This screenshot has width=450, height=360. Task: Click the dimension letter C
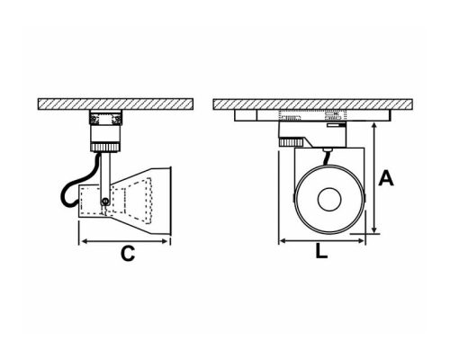tap(128, 255)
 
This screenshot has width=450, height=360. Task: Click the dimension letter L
tap(323, 254)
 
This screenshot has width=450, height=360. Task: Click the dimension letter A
tap(386, 178)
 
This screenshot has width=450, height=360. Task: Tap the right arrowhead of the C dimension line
tap(168, 241)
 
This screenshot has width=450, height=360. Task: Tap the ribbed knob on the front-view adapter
tap(290, 141)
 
